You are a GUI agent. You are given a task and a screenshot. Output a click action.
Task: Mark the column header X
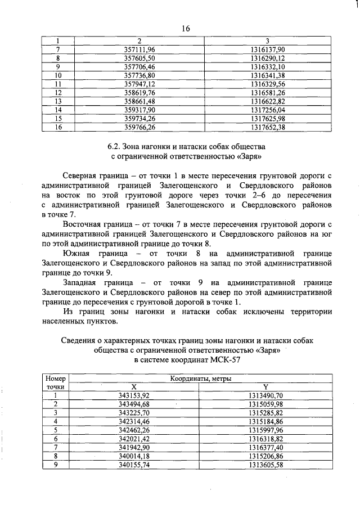(134, 387)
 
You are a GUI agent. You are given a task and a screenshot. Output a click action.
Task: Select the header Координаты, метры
(200, 379)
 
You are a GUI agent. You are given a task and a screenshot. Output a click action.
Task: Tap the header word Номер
(56, 379)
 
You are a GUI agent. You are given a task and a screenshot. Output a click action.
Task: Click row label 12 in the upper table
(57, 92)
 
